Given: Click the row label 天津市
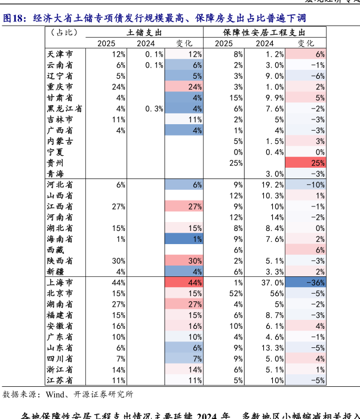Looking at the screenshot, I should click(60, 54).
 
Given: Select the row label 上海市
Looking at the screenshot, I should click(60, 282).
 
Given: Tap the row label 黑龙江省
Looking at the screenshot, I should click(64, 109).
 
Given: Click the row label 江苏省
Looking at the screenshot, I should click(60, 380).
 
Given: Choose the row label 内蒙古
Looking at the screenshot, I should click(60, 141).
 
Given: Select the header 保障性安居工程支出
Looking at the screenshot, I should click(264, 33).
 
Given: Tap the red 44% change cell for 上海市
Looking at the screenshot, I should click(184, 282).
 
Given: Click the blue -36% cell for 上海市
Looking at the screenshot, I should click(305, 282).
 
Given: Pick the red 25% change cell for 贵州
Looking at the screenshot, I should click(305, 163).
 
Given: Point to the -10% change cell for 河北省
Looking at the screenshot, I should click(305, 185).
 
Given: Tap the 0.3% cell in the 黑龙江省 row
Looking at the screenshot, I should click(153, 109).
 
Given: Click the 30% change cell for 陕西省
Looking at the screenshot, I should click(184, 261).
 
